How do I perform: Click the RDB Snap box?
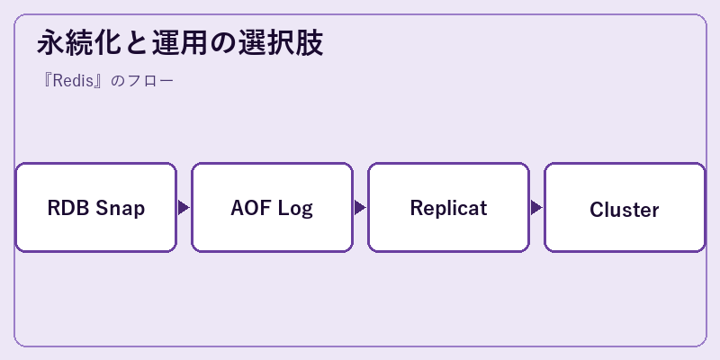tap(96, 208)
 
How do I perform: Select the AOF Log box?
tap(272, 208)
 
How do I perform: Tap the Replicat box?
tap(448, 208)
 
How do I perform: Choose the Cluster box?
tap(625, 208)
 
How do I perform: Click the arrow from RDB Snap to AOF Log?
tap(184, 208)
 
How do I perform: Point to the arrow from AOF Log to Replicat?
tap(360, 208)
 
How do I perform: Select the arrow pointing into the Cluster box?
tap(536, 208)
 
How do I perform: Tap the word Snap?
tap(121, 209)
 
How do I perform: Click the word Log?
tap(295, 209)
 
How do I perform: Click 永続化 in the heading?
tap(79, 42)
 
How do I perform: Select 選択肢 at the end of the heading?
tap(280, 42)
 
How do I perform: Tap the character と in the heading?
tap(137, 43)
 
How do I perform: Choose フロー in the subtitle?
tap(149, 81)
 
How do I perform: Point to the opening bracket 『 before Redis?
tap(47, 81)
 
